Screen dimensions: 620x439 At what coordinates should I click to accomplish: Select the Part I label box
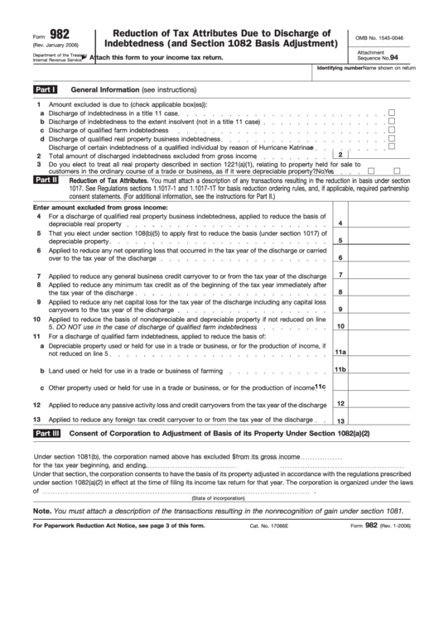click(x=45, y=88)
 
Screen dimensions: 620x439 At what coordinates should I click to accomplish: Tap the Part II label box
click(x=45, y=179)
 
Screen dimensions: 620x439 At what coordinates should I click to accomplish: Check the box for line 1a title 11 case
click(x=392, y=112)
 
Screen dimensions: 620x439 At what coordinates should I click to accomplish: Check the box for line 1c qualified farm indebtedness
click(x=392, y=130)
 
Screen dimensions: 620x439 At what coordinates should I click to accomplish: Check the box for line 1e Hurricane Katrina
click(x=392, y=147)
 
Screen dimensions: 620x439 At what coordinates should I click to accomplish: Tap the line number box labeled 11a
click(x=340, y=352)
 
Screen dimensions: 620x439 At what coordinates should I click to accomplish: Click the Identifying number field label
click(x=340, y=67)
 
